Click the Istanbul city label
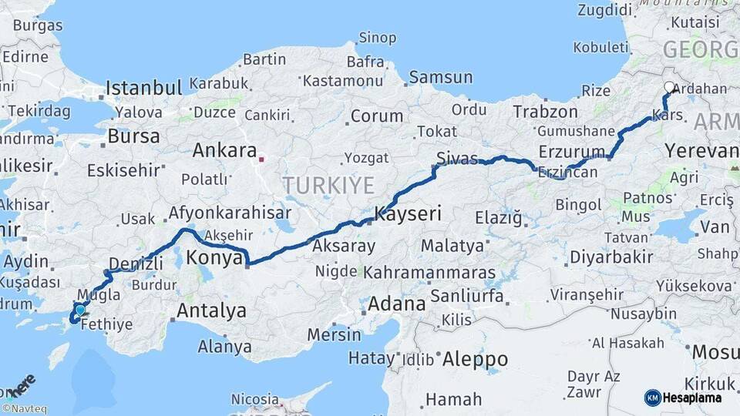click(x=143, y=87)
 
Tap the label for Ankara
click(x=224, y=150)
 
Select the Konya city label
click(x=215, y=258)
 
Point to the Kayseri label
click(x=408, y=214)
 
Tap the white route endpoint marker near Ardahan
click(x=669, y=88)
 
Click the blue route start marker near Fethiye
click(x=79, y=310)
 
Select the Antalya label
click(x=212, y=310)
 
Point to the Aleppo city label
click(x=474, y=359)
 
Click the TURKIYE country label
click(x=328, y=185)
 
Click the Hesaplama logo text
click(x=692, y=398)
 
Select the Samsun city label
click(x=441, y=77)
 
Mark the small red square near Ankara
click(x=261, y=160)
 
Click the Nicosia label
click(x=255, y=400)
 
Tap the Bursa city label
click(x=134, y=137)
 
